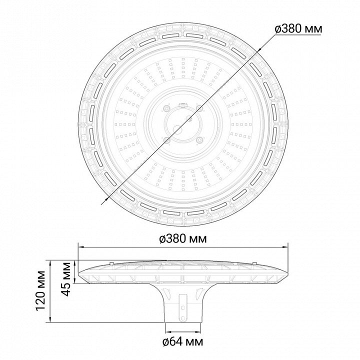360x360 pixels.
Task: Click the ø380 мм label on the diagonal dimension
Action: [x=298, y=29]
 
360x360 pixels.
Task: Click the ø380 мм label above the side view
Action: [x=183, y=239]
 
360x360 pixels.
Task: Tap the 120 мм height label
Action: [x=41, y=291]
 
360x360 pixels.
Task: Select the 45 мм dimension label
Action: [x=67, y=279]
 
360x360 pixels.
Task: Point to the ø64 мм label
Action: [x=183, y=342]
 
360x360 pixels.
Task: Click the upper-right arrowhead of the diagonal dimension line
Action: [x=259, y=50]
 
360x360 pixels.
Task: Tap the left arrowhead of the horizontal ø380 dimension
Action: [x=81, y=247]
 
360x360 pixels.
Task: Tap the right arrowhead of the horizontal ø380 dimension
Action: [x=284, y=247]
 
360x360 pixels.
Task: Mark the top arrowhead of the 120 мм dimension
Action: [x=50, y=263]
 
